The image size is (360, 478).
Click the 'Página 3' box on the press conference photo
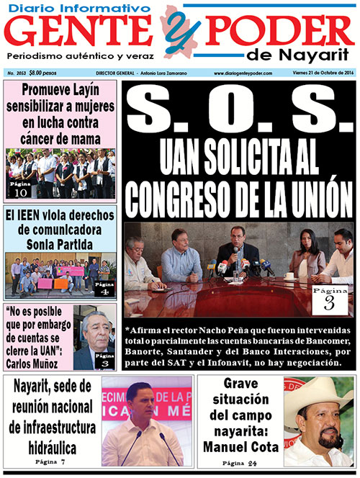point(328,298)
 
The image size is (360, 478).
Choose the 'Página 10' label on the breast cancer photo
point(21,189)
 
